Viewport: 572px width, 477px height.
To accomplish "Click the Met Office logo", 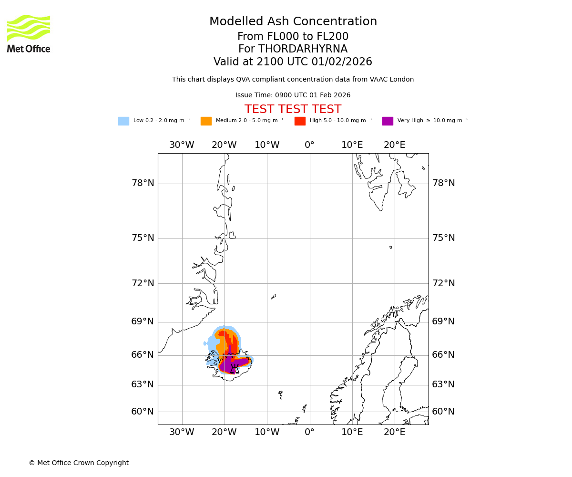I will (x=29, y=33).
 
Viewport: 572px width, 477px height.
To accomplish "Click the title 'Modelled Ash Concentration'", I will (x=293, y=22).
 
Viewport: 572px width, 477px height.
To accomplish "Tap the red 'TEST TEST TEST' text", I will (x=293, y=109).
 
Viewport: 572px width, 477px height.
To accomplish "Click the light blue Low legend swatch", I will (x=123, y=121).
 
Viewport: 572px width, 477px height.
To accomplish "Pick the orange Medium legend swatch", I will (x=206, y=121).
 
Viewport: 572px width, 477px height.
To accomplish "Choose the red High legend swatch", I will (x=300, y=121).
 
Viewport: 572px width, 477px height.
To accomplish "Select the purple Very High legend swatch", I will (x=388, y=121).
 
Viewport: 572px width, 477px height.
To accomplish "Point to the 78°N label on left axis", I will (x=143, y=183).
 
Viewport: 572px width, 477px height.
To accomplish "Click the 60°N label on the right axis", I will (x=443, y=412).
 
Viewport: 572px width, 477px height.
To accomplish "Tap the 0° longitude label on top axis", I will (x=309, y=145).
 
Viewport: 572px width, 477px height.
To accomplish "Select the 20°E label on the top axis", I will (x=394, y=145).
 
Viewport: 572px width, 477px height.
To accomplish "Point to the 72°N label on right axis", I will (x=443, y=283).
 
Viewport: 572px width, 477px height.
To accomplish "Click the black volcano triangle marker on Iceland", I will (x=234, y=369).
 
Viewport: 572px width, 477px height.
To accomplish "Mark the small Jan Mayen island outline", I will (x=274, y=297).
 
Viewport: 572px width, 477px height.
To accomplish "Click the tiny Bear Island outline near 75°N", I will (x=391, y=247).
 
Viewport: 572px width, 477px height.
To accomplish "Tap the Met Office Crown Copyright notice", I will (x=79, y=463).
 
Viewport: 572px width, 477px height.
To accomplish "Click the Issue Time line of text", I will (x=293, y=95).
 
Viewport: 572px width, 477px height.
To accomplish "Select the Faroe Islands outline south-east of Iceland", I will (x=280, y=394).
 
